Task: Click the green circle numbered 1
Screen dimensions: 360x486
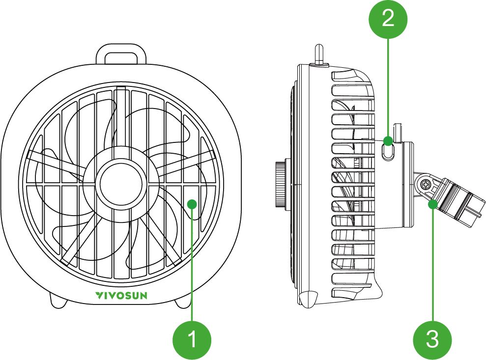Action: coord(193,339)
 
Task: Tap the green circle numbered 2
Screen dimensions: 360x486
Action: coord(388,19)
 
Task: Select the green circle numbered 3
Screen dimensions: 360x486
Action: coord(432,339)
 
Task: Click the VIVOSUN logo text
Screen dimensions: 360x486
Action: coord(120,295)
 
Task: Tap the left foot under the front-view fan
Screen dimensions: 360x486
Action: coord(58,301)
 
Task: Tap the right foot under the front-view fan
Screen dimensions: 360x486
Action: coord(182,301)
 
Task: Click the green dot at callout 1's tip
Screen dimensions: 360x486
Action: coord(193,203)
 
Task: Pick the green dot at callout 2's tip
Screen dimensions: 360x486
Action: coord(388,141)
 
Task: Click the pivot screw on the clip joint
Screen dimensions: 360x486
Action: coord(426,185)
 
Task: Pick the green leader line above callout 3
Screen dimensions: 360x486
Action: coord(432,265)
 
